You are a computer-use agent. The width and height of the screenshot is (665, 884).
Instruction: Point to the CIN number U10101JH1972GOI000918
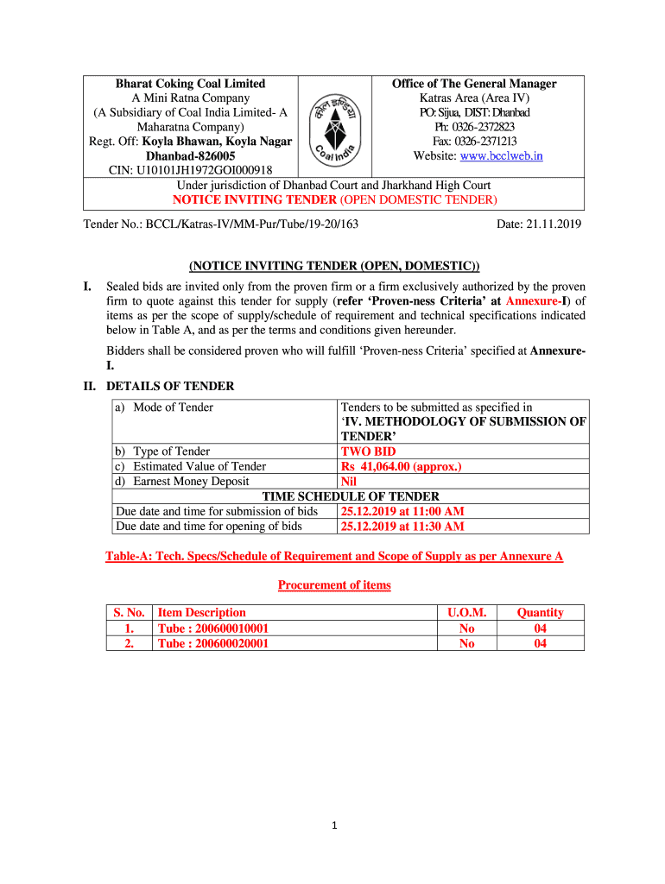tap(191, 170)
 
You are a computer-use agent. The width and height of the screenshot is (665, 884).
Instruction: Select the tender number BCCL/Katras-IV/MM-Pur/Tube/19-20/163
tap(220, 224)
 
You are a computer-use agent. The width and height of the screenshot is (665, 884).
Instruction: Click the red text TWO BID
tap(369, 451)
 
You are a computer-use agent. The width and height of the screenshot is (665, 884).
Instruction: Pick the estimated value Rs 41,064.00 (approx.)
tap(402, 467)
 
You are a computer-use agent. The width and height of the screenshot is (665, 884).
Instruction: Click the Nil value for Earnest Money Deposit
tap(350, 482)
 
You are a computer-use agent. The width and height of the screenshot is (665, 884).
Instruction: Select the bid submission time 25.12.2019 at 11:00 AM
tap(402, 512)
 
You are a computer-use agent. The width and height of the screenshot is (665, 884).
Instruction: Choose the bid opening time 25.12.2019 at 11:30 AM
tap(402, 527)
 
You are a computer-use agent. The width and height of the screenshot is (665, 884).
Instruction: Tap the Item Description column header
tap(202, 613)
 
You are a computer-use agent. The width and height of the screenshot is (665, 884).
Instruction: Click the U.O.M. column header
tap(466, 613)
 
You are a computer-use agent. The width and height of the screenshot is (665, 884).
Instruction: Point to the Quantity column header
tap(540, 613)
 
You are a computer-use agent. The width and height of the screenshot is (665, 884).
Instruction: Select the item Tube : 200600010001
tap(213, 628)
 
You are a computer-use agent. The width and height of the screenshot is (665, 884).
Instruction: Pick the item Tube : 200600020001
tap(213, 643)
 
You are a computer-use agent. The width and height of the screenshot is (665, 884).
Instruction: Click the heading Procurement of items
tap(334, 585)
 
